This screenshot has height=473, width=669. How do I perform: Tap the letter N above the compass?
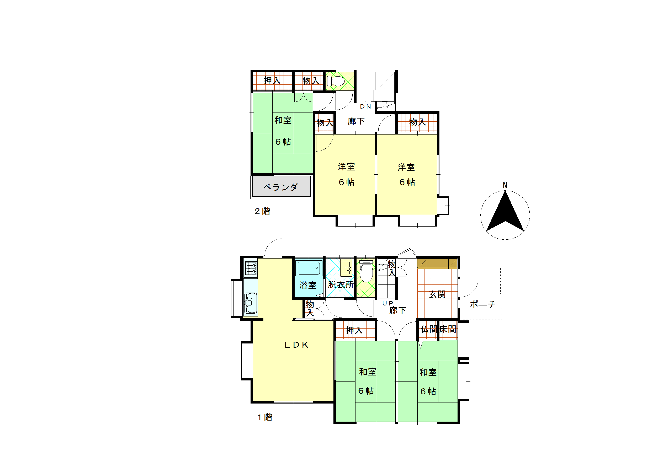point(505,185)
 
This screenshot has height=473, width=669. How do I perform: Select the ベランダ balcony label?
point(281,187)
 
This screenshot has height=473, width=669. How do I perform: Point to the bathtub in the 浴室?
point(309,268)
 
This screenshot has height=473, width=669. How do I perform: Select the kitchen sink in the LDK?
point(250,303)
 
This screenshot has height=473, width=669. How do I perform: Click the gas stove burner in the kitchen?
point(251,268)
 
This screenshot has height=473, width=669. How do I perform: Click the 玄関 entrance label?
point(437,294)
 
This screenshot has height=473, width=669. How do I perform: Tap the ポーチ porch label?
point(482,304)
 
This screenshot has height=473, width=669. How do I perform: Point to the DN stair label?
point(365,107)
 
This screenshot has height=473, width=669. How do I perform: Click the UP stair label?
point(387,303)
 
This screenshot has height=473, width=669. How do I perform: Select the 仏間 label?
point(429,329)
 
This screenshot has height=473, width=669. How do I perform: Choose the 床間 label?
point(448,329)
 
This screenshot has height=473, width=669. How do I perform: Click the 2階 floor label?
point(262,211)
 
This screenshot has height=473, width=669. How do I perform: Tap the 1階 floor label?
point(264,417)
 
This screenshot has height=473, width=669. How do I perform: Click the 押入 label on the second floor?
point(272,80)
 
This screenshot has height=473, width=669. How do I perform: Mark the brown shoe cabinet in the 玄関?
point(437,264)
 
